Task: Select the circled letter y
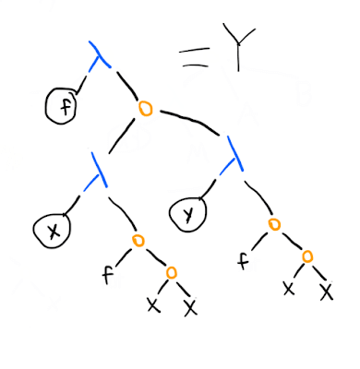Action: pyautogui.click(x=187, y=213)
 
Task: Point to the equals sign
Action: pyautogui.click(x=194, y=57)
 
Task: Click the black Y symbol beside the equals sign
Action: pyautogui.click(x=238, y=46)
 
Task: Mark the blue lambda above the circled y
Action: pyautogui.click(x=233, y=156)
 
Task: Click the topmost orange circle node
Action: pyautogui.click(x=145, y=109)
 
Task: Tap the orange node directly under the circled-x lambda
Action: pyautogui.click(x=138, y=241)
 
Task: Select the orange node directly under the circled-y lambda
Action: pyautogui.click(x=274, y=224)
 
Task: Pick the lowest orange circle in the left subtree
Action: pyautogui.click(x=172, y=272)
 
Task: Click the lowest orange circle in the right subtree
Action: pyautogui.click(x=307, y=256)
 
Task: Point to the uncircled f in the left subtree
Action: pyautogui.click(x=107, y=275)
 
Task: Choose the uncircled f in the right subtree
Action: pyautogui.click(x=243, y=260)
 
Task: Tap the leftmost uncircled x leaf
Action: pyautogui.click(x=153, y=305)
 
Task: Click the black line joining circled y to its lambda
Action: pyautogui.click(x=209, y=187)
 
